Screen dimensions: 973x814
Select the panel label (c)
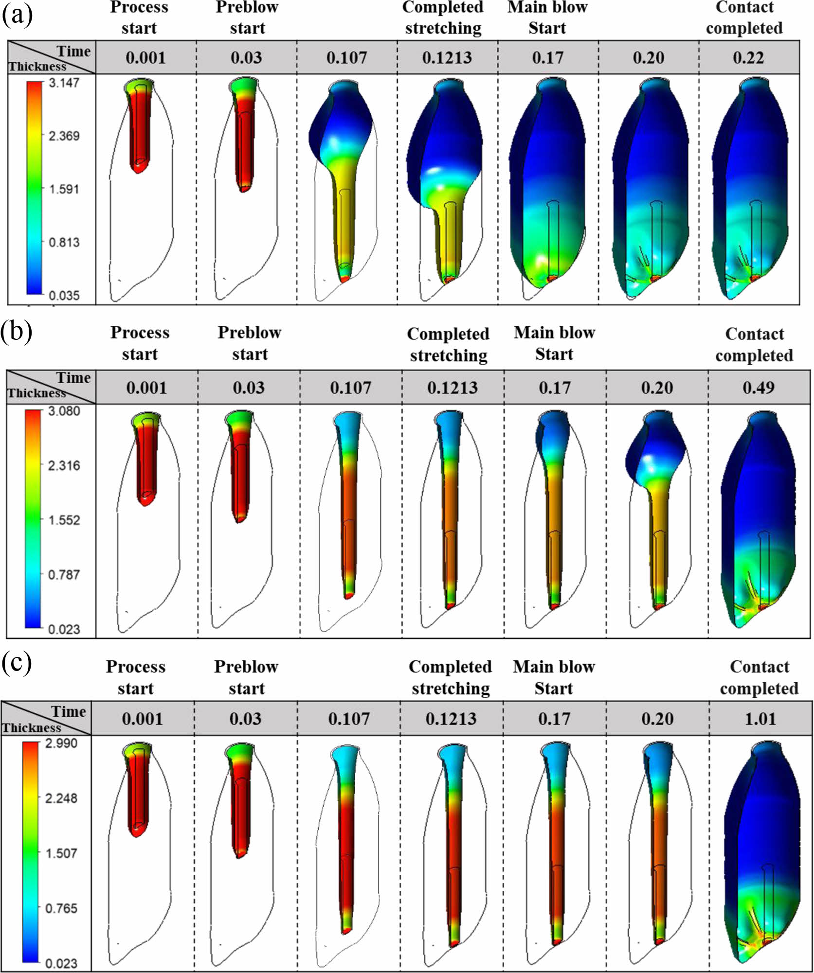pyautogui.click(x=16, y=663)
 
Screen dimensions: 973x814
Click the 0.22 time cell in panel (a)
pyautogui.click(x=748, y=58)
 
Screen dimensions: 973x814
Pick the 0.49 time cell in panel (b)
pyautogui.click(x=759, y=388)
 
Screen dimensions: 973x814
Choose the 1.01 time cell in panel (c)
pyautogui.click(x=760, y=718)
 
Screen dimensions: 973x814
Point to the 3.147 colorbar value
pyautogui.click(x=64, y=83)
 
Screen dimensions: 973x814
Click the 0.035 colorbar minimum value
pyautogui.click(x=64, y=295)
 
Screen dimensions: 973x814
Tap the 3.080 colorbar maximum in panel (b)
pyautogui.click(x=64, y=411)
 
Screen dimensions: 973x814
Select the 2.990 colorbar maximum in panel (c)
pyautogui.click(x=61, y=743)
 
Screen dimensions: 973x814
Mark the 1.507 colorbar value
pyautogui.click(x=61, y=853)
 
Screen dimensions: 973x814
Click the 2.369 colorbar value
pyautogui.click(x=64, y=136)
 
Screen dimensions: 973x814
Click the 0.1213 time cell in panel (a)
pyautogui.click(x=447, y=58)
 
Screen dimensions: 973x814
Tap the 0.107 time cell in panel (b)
pyautogui.click(x=350, y=388)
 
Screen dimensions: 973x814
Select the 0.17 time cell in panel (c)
pyautogui.click(x=554, y=718)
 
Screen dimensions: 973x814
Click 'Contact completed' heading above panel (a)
pyautogui.click(x=744, y=18)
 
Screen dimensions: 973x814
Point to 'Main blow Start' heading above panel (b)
pyautogui.click(x=554, y=343)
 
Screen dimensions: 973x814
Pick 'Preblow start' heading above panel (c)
pyautogui.click(x=246, y=677)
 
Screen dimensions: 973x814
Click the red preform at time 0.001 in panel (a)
pyautogui.click(x=140, y=126)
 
